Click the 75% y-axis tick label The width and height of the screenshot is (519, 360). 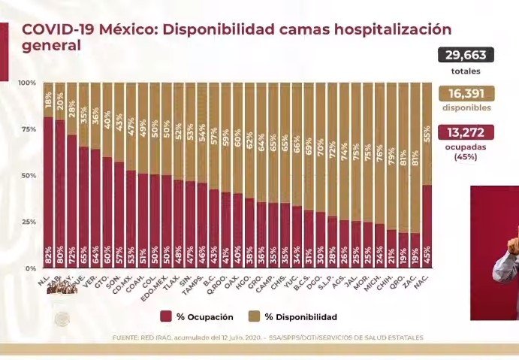(x=29, y=129)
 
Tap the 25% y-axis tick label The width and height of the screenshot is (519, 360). (x=29, y=222)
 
